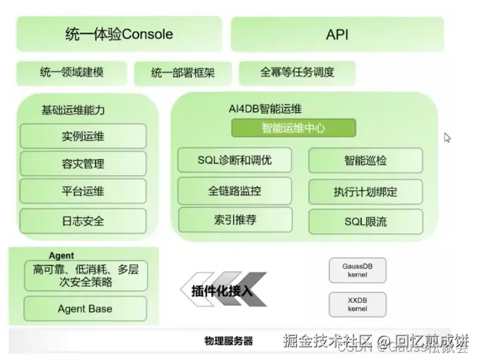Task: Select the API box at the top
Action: tap(337, 35)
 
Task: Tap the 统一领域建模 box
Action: tap(70, 73)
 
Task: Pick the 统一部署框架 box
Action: tap(182, 73)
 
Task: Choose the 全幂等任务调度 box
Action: tap(297, 72)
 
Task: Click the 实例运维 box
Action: tap(83, 136)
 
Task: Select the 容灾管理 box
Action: tap(83, 163)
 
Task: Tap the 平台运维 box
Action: tap(83, 192)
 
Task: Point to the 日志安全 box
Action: tap(83, 221)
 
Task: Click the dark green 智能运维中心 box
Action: tap(293, 128)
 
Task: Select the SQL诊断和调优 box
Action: tap(234, 161)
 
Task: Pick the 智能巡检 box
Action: tap(365, 161)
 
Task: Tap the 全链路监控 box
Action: tap(234, 191)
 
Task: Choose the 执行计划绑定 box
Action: tap(365, 192)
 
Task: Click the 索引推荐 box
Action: tap(234, 220)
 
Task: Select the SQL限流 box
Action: tap(365, 221)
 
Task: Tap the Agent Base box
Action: tap(85, 308)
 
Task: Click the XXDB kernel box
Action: tap(358, 305)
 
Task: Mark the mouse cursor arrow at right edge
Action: tap(447, 137)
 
